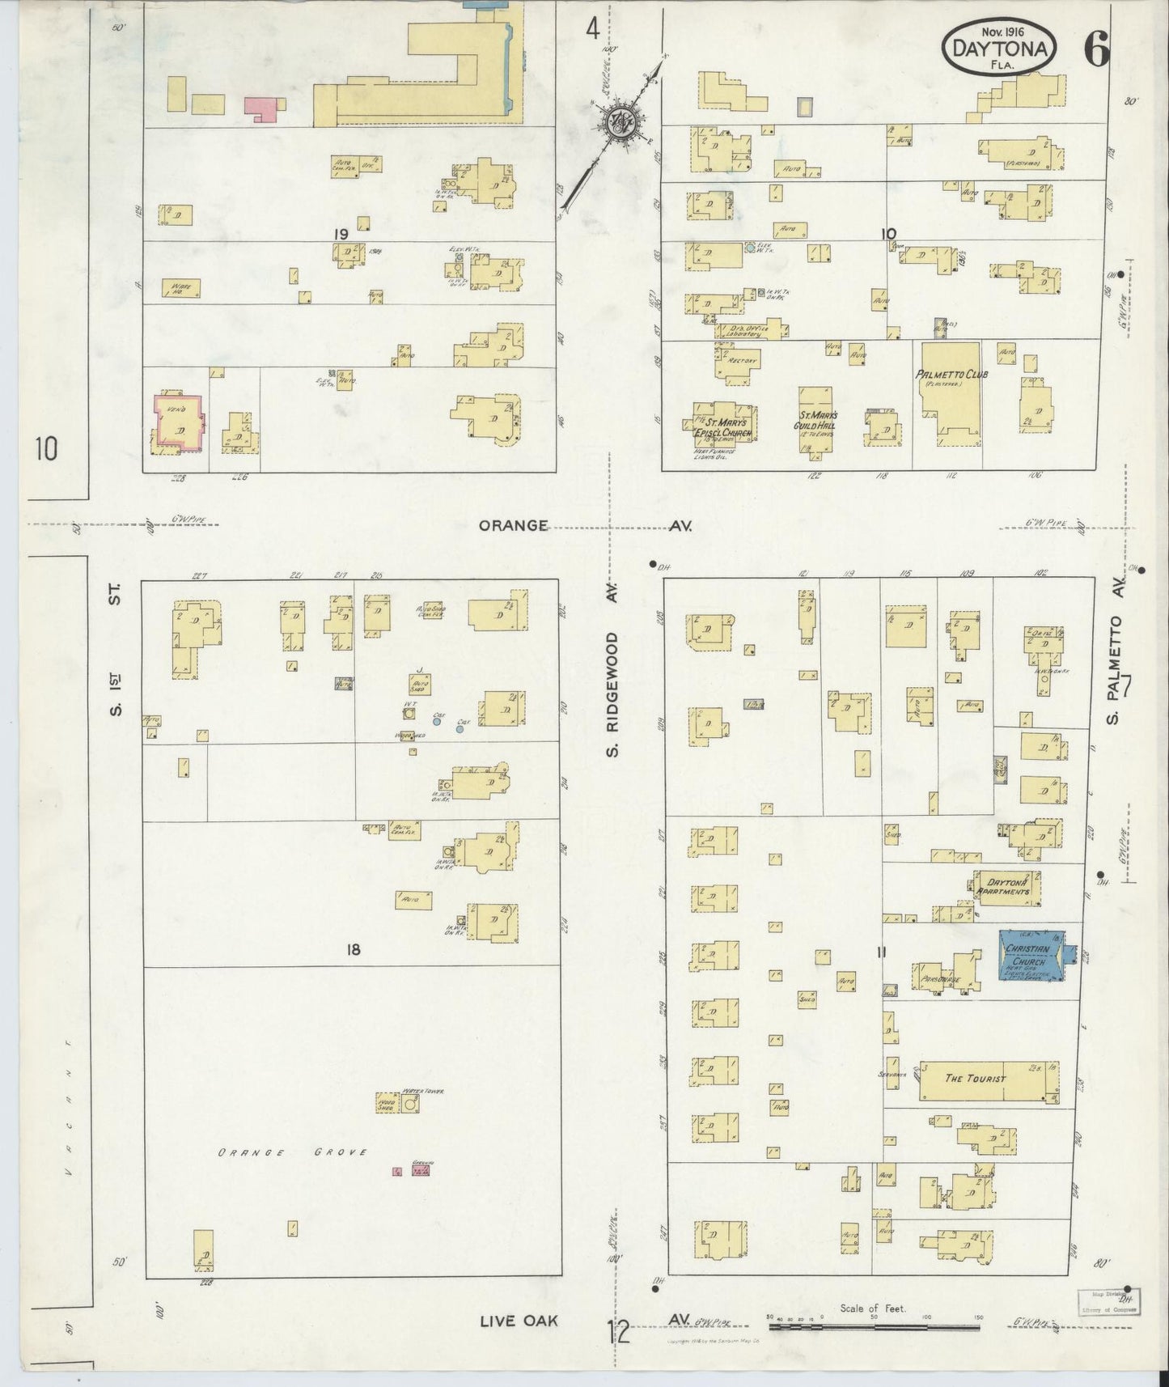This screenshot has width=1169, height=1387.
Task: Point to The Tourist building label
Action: [975, 1078]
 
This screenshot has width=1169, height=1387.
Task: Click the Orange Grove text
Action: [292, 1152]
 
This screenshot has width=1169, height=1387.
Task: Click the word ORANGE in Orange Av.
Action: [513, 525]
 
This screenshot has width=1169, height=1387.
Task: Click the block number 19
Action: [341, 234]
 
